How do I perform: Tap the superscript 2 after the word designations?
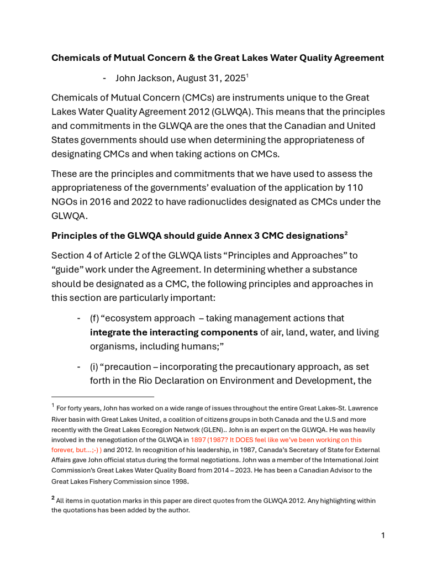coord(346,233)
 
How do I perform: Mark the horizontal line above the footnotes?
coord(103,396)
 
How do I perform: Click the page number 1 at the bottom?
coord(383,535)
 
